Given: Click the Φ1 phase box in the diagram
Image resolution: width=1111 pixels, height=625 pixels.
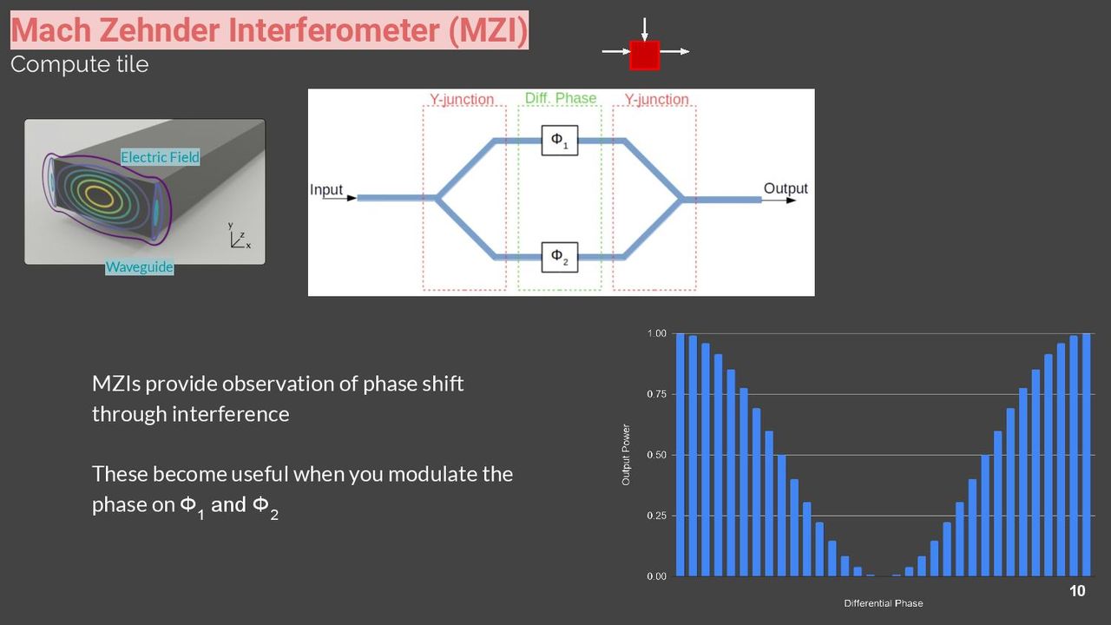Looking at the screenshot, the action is (560, 141).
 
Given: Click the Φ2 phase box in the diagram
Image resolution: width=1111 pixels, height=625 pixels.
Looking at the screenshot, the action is (560, 257).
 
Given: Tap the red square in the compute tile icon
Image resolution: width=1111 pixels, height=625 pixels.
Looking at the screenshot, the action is (644, 55).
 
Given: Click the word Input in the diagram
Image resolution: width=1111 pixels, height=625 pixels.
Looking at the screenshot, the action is (325, 190).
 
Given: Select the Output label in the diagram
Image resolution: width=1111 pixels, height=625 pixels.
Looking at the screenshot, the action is (786, 188).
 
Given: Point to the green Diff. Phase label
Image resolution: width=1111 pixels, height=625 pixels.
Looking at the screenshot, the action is (561, 98).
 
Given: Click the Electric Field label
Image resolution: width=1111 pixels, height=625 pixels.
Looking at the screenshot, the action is (160, 157).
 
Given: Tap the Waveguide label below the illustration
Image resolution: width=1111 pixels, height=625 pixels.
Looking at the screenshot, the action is (140, 266).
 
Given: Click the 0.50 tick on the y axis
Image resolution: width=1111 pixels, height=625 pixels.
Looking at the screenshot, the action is (656, 455).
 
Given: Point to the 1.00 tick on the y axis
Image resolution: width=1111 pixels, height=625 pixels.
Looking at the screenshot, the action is (656, 333).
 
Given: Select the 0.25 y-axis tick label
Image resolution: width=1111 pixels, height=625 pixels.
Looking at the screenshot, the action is (656, 516).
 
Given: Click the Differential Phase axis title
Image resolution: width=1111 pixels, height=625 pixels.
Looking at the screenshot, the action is (884, 603).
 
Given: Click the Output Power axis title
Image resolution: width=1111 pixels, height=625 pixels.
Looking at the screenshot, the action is (626, 455).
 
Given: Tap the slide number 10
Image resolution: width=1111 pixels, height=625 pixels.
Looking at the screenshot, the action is (1077, 591).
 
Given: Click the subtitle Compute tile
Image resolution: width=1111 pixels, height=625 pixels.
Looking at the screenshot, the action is (79, 64).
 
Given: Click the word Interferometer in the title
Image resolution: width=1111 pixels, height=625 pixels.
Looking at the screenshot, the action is (334, 30).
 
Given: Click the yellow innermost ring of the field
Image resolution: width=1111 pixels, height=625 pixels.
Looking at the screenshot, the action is (103, 196).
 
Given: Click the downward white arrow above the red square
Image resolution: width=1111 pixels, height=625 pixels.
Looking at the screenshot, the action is (644, 30).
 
